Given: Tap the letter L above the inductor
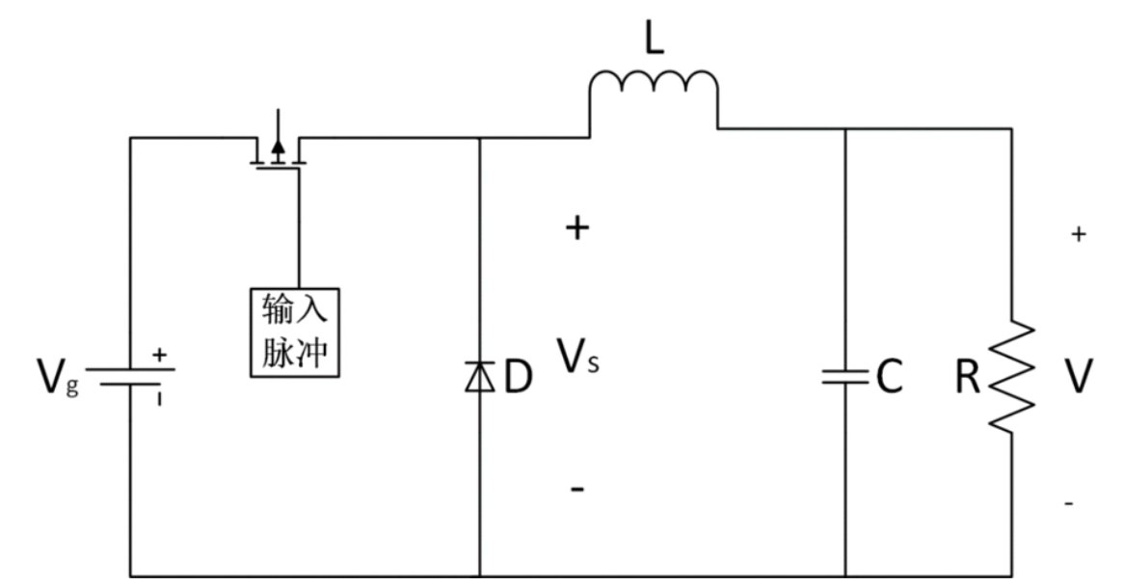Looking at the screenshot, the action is pyautogui.click(x=654, y=38).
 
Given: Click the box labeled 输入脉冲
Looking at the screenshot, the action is pyautogui.click(x=294, y=333).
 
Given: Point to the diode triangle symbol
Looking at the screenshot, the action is pyautogui.click(x=479, y=376).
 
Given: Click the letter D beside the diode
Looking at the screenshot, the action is pyautogui.click(x=519, y=377).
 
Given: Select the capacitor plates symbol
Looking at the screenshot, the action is pyautogui.click(x=844, y=377).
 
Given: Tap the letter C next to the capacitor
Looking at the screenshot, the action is pyautogui.click(x=889, y=377).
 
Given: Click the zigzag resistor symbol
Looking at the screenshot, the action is pyautogui.click(x=1011, y=377).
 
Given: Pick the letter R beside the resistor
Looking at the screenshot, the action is pyautogui.click(x=968, y=377).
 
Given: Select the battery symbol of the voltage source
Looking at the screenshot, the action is pyautogui.click(x=130, y=377).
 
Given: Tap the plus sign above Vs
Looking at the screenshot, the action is pyautogui.click(x=577, y=228).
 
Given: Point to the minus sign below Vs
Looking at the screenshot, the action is pyautogui.click(x=577, y=490).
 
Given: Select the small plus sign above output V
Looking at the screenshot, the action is pyautogui.click(x=1079, y=234).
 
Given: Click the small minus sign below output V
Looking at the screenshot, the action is pyautogui.click(x=1069, y=504).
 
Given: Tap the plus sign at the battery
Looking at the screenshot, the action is pyautogui.click(x=159, y=355).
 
